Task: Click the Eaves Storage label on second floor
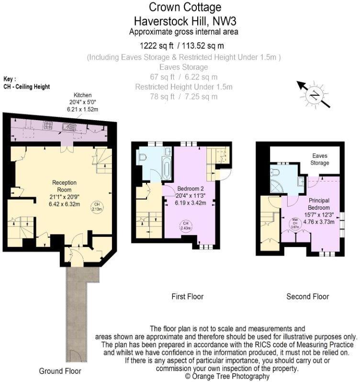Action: (320, 159)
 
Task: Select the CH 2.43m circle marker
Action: (184, 225)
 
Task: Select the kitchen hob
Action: (48, 125)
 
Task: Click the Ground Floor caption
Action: (60, 371)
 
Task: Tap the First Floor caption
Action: (187, 297)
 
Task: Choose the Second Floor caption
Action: (308, 297)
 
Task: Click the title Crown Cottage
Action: (178, 7)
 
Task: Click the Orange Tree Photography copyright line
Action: (227, 377)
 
